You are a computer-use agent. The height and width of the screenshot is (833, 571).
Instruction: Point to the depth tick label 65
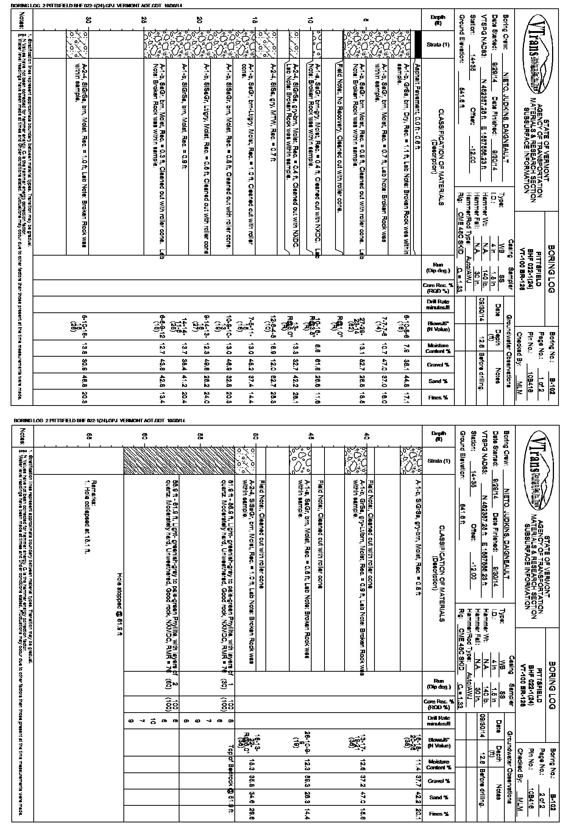tap(89, 435)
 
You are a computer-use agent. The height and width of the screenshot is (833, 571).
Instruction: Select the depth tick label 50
tap(256, 435)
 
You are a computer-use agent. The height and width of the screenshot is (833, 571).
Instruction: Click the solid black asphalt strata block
tap(418, 45)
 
